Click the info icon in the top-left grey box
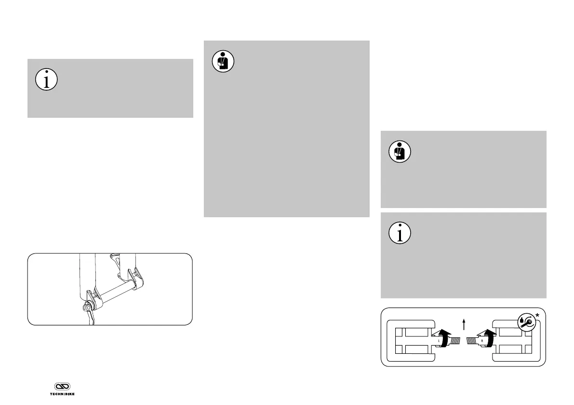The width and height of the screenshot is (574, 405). (46, 80)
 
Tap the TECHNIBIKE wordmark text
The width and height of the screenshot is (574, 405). (62, 393)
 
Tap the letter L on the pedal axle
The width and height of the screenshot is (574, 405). (439, 341)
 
